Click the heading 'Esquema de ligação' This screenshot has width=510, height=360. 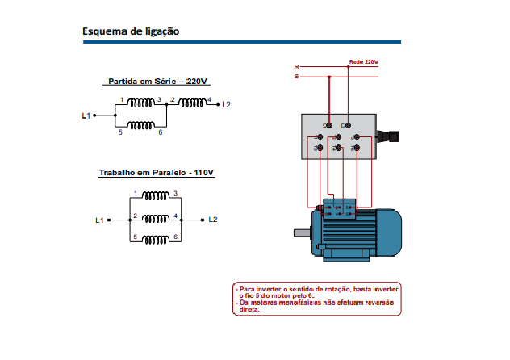131,31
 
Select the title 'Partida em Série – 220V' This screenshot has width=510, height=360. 158,82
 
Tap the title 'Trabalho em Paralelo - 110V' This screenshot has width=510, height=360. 157,173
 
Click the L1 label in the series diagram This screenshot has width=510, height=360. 86,115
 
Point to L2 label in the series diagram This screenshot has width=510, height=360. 226,105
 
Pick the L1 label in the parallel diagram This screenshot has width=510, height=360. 99,219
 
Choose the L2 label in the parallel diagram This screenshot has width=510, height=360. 212,219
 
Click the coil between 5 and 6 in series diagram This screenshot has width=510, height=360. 142,125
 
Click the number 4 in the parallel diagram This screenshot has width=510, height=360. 175,216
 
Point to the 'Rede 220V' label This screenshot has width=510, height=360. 363,61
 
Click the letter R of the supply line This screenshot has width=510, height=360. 296,66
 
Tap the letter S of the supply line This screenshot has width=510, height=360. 296,77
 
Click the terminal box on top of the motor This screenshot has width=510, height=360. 339,208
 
